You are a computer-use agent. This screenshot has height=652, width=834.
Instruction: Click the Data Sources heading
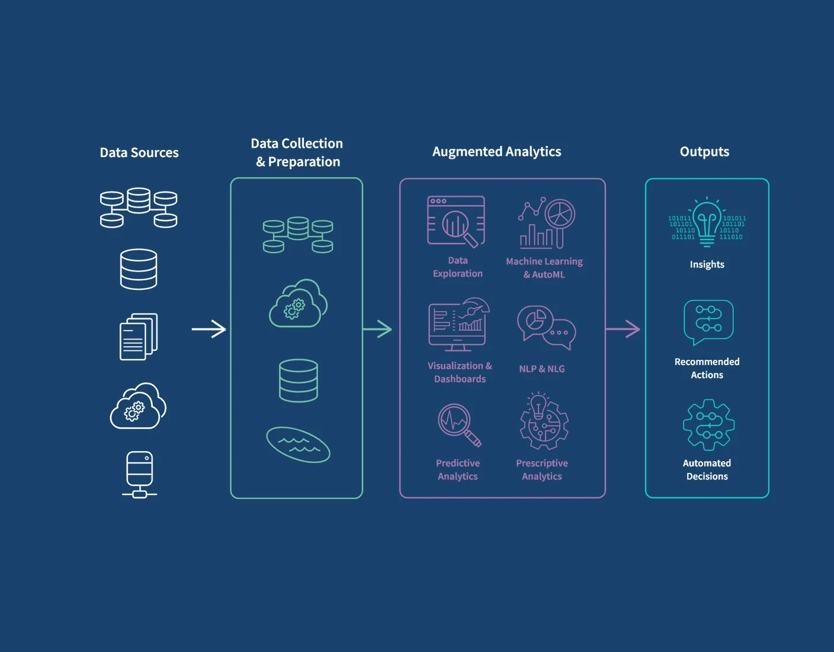click(x=139, y=153)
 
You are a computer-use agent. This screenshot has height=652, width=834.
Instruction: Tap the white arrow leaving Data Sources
click(x=209, y=329)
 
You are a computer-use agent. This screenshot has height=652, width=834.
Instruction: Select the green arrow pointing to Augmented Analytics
click(x=377, y=329)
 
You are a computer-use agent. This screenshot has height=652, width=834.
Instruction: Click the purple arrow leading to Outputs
click(x=623, y=329)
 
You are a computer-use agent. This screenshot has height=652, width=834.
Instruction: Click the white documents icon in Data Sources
click(x=139, y=337)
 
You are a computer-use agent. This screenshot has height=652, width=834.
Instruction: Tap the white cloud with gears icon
click(x=138, y=406)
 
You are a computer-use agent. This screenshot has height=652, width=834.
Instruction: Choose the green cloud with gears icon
click(x=299, y=303)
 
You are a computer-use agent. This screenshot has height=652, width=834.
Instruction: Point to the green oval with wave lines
click(x=298, y=445)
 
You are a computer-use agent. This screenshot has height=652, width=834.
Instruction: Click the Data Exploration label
click(x=458, y=267)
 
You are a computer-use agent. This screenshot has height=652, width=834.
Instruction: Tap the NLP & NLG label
click(x=542, y=369)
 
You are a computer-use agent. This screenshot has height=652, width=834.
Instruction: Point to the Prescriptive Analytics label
click(x=542, y=469)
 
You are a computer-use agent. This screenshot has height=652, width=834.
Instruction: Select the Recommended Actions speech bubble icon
click(x=708, y=322)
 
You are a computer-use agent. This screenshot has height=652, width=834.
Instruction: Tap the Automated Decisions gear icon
click(x=708, y=424)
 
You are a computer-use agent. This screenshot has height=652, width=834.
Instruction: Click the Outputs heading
click(x=704, y=152)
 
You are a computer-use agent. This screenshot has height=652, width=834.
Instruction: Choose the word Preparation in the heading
click(x=304, y=162)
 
